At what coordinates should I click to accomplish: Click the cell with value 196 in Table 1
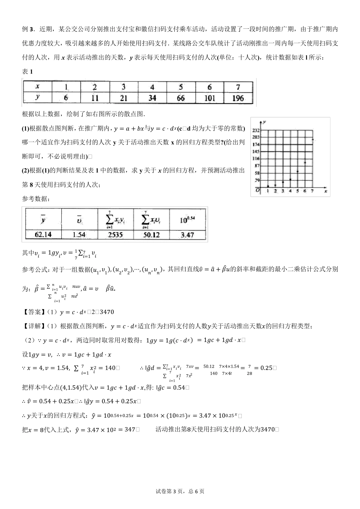pyautogui.click(x=238, y=98)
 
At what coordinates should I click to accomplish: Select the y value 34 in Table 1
pyautogui.click(x=152, y=98)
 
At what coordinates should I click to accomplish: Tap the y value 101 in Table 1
pyautogui.click(x=210, y=98)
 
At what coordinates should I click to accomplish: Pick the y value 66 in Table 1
pyautogui.click(x=181, y=98)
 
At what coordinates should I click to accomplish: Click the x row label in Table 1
pyautogui.click(x=38, y=87)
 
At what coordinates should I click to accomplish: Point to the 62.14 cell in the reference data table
pyautogui.click(x=43, y=234)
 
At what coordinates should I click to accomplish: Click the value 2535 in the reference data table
pyautogui.click(x=115, y=234)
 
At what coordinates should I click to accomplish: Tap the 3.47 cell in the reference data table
pyautogui.click(x=187, y=234)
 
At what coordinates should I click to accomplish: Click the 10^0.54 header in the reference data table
pyautogui.click(x=187, y=219)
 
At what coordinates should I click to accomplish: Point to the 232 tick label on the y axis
pyautogui.click(x=255, y=130)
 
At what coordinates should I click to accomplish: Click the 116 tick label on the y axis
pyautogui.click(x=255, y=158)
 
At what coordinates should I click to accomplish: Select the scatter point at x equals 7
pyautogui.click(x=313, y=140)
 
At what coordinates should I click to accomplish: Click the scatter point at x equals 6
pyautogui.click(x=305, y=162)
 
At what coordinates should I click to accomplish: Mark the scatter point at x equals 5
pyautogui.click(x=297, y=171)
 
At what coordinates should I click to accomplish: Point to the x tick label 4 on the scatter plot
pyautogui.click(x=290, y=191)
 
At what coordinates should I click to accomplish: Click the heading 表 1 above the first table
pyautogui.click(x=28, y=72)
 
